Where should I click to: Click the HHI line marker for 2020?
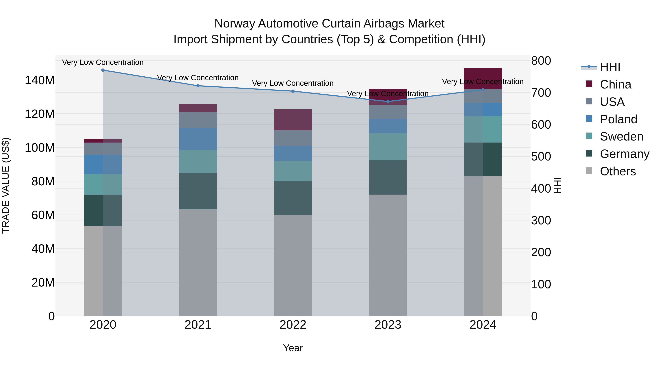pyautogui.click(x=103, y=70)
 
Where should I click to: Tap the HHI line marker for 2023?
pyautogui.click(x=388, y=101)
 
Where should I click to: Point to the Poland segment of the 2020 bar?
pyautogui.click(x=103, y=164)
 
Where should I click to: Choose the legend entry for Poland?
pyautogui.click(x=618, y=119)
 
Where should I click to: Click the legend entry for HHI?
pyautogui.click(x=610, y=67)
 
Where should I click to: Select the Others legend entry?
pyautogui.click(x=618, y=171)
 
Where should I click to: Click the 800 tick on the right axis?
pyautogui.click(x=541, y=61)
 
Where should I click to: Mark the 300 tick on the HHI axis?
pyautogui.click(x=541, y=220)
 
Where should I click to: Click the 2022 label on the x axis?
pyautogui.click(x=293, y=325)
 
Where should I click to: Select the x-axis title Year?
pyautogui.click(x=293, y=348)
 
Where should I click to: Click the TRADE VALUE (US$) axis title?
pyautogui.click(x=6, y=185)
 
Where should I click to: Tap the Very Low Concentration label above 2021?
pyautogui.click(x=198, y=77)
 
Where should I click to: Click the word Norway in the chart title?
pyautogui.click(x=235, y=24)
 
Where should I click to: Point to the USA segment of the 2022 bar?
pyautogui.click(x=293, y=138)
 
